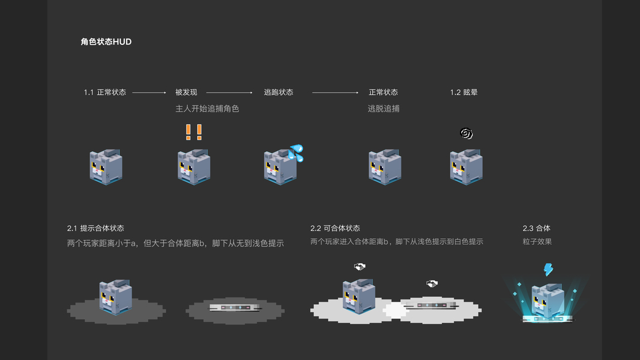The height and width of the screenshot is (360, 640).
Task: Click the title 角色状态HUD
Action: pyautogui.click(x=106, y=42)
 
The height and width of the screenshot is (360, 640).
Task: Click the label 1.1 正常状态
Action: pyautogui.click(x=105, y=92)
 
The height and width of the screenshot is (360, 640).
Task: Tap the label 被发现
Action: pyautogui.click(x=186, y=92)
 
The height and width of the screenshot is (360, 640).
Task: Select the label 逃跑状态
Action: pyautogui.click(x=278, y=92)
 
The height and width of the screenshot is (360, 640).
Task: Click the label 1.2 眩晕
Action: pyautogui.click(x=464, y=92)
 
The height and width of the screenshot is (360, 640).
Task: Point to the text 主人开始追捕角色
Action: pyautogui.click(x=207, y=109)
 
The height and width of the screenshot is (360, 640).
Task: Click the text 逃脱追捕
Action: pyautogui.click(x=383, y=109)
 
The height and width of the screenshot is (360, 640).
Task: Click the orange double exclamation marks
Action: pyautogui.click(x=193, y=132)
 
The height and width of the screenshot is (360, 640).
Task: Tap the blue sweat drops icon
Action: pyautogui.click(x=296, y=152)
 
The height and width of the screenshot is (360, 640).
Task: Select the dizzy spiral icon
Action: pyautogui.click(x=466, y=133)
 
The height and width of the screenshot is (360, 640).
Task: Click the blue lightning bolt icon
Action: pyautogui.click(x=548, y=269)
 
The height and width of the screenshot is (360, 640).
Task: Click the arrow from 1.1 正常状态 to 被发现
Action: pyautogui.click(x=149, y=93)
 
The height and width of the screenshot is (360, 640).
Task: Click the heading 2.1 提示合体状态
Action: pyautogui.click(x=95, y=229)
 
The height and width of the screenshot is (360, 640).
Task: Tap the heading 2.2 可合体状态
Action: pyautogui.click(x=335, y=229)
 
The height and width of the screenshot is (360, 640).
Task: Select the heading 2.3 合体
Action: pyautogui.click(x=536, y=229)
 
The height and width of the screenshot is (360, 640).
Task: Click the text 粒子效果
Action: pyautogui.click(x=537, y=242)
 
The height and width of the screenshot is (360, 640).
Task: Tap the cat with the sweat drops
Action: pyautogui.click(x=280, y=167)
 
